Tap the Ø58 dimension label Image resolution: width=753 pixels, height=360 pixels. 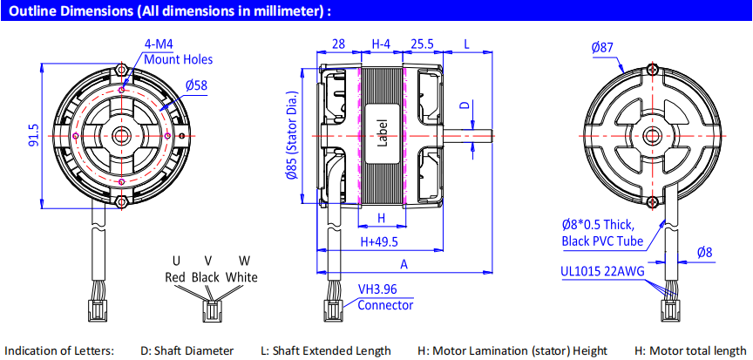coord(196,85)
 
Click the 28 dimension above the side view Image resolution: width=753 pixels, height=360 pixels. coord(338,44)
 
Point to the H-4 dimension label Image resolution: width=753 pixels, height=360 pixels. coord(381,44)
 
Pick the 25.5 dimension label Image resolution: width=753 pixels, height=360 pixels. coord(422,44)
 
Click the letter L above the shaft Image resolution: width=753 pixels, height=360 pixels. coord(467,44)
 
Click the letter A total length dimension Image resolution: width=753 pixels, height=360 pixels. coord(404,263)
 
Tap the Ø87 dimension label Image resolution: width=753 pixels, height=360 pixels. coord(602,48)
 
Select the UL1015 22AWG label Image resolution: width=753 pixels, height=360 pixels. coord(602,271)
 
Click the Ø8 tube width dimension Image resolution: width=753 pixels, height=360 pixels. coord(704,253)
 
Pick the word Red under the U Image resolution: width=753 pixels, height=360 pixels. coord(176,277)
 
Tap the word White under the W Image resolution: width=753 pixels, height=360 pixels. coord(241,277)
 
